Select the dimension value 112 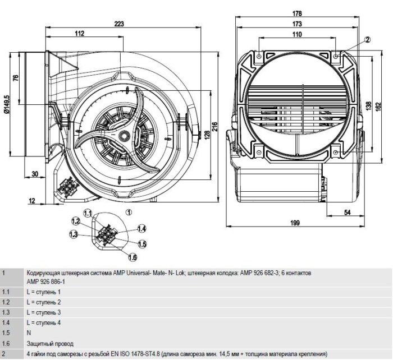(x=79, y=34)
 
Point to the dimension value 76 (x=15, y=77)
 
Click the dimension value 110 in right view (x=297, y=34)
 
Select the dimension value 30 (x=35, y=174)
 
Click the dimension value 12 (x=31, y=200)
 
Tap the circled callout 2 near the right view (x=367, y=39)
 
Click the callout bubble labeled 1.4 (x=141, y=228)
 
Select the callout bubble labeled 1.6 (x=132, y=257)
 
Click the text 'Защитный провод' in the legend (x=49, y=343)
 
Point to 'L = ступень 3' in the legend (x=43, y=312)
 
